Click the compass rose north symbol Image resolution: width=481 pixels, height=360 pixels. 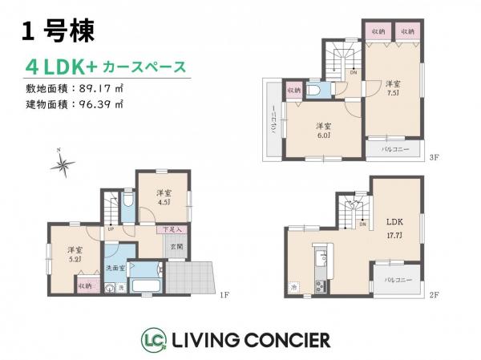[62, 164]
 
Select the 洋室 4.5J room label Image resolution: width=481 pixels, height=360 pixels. [164, 197]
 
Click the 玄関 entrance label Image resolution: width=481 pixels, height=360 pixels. [176, 248]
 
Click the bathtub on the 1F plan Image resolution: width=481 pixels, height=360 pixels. [148, 285]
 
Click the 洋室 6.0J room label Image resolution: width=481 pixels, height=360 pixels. [323, 130]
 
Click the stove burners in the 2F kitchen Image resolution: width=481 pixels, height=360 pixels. [321, 286]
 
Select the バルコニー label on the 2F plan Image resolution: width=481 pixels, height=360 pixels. [393, 281]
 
